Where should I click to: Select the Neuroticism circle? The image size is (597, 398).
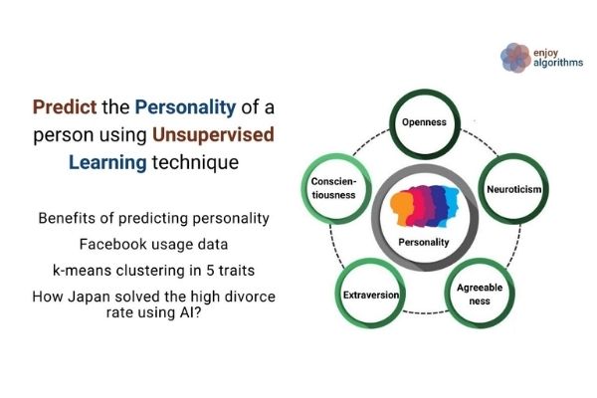tap(514, 188)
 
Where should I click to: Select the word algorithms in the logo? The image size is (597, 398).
tap(559, 65)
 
